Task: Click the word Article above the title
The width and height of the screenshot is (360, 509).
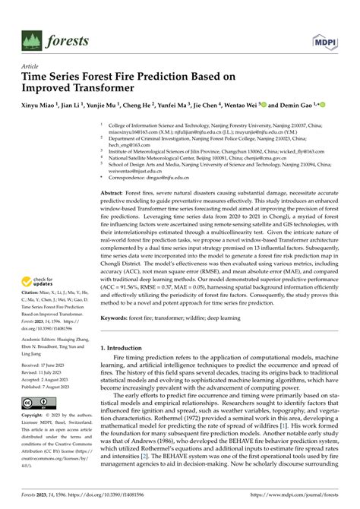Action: pos(35,66)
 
